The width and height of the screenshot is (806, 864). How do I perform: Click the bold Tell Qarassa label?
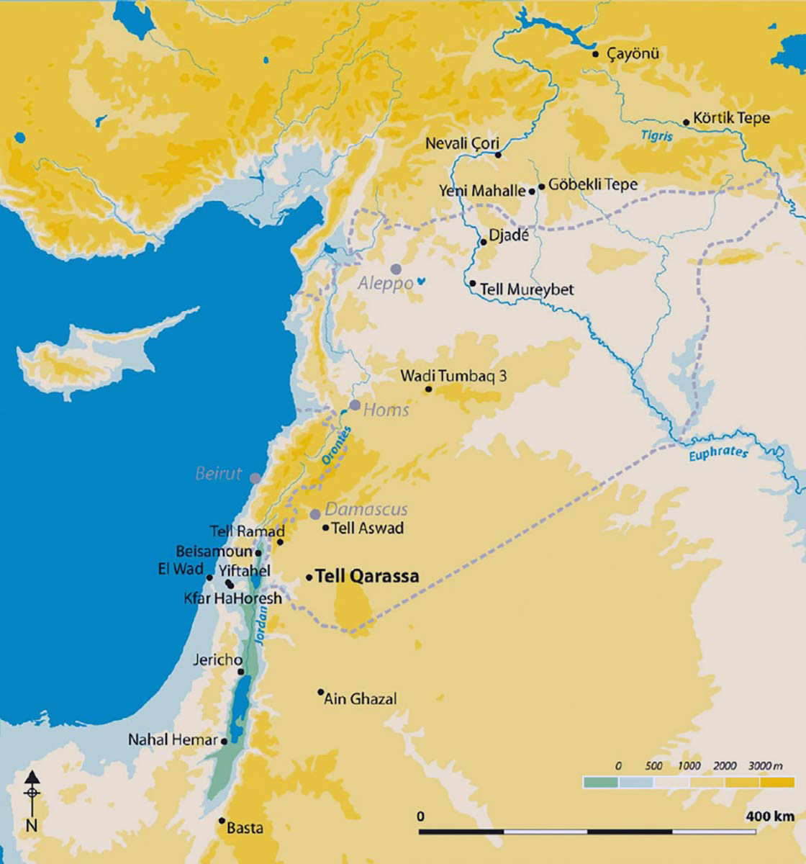pyautogui.click(x=367, y=577)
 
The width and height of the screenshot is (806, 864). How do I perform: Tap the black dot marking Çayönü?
pyautogui.click(x=595, y=54)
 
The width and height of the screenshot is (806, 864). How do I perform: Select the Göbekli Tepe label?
pyautogui.click(x=593, y=184)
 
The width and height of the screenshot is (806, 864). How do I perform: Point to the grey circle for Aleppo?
pyautogui.click(x=396, y=269)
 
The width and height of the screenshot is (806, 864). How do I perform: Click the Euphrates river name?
pyautogui.click(x=717, y=453)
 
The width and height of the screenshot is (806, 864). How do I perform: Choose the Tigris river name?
pyautogui.click(x=656, y=135)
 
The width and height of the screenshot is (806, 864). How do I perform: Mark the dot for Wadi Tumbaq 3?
pyautogui.click(x=428, y=390)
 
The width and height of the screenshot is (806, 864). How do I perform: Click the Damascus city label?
pyautogui.click(x=366, y=509)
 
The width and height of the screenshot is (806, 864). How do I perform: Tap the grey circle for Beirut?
pyautogui.click(x=255, y=477)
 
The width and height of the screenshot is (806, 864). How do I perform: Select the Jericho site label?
pyautogui.click(x=217, y=660)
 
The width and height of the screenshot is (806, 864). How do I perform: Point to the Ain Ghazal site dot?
pyautogui.click(x=321, y=693)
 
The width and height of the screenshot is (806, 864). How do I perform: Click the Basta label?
pyautogui.click(x=245, y=828)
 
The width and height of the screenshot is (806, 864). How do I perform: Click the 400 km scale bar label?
pyautogui.click(x=769, y=816)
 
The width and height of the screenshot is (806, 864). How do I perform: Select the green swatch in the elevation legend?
pyautogui.click(x=600, y=782)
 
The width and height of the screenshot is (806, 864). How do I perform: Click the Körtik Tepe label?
pyautogui.click(x=731, y=118)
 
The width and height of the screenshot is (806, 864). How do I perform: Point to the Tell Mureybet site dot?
pyautogui.click(x=473, y=284)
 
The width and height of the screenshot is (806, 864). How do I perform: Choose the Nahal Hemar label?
pyautogui.click(x=173, y=739)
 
